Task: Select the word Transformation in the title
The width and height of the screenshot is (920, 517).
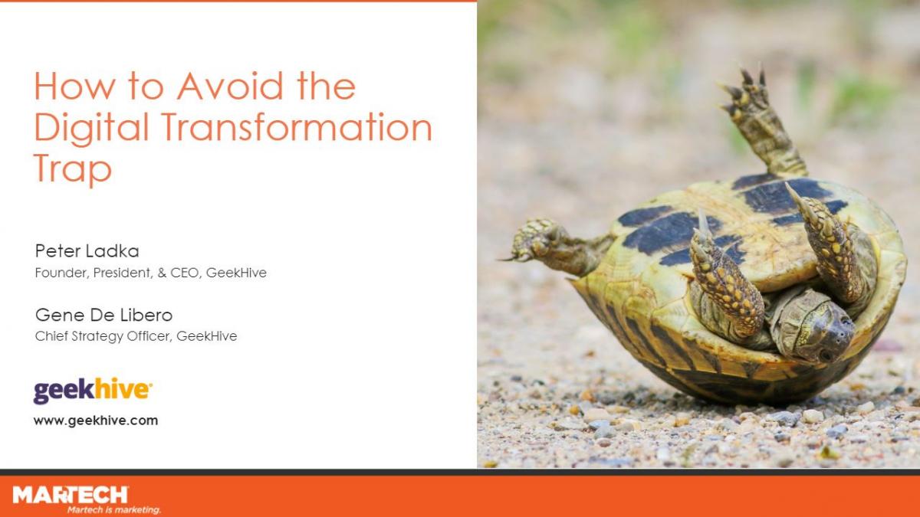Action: pyautogui.click(x=297, y=127)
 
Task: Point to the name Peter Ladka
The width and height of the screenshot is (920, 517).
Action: pyautogui.click(x=87, y=251)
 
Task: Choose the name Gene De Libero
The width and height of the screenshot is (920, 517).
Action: pyautogui.click(x=104, y=315)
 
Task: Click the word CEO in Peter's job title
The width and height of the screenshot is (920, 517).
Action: pyautogui.click(x=186, y=273)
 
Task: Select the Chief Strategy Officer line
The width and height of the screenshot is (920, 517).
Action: pyautogui.click(x=136, y=336)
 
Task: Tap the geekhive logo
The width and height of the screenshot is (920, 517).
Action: pyautogui.click(x=93, y=391)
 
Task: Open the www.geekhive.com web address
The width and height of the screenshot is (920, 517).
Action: pyautogui.click(x=96, y=420)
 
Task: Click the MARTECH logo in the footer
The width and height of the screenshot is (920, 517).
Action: pyautogui.click(x=71, y=495)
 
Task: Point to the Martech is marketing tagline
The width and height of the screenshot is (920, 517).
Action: pyautogui.click(x=114, y=510)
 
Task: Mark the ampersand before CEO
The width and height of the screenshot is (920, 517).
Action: pyautogui.click(x=162, y=273)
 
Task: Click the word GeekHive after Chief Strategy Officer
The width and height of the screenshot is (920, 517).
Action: pyautogui.click(x=206, y=336)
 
